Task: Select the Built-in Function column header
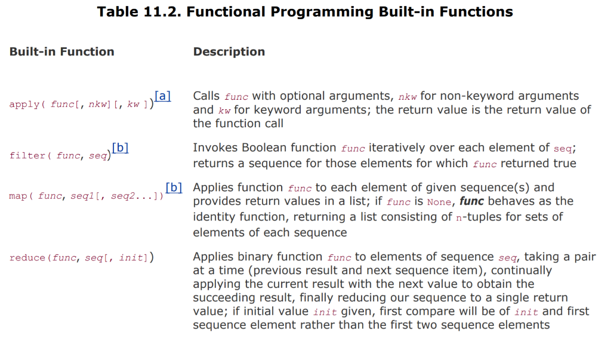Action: (x=61, y=52)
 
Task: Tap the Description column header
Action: (x=229, y=52)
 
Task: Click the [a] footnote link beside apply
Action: (x=162, y=96)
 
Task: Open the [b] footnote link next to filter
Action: (x=120, y=147)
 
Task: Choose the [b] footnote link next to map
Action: (x=174, y=187)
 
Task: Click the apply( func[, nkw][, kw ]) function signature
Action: (x=81, y=104)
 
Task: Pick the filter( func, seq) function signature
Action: (x=60, y=156)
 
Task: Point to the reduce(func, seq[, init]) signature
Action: (x=81, y=258)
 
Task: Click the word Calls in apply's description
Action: (x=206, y=96)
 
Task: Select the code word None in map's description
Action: (x=439, y=202)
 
